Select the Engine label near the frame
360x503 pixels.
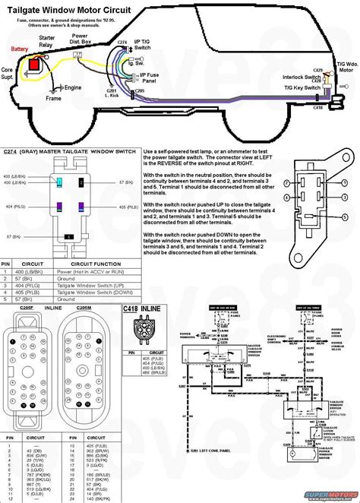(x=73, y=88)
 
